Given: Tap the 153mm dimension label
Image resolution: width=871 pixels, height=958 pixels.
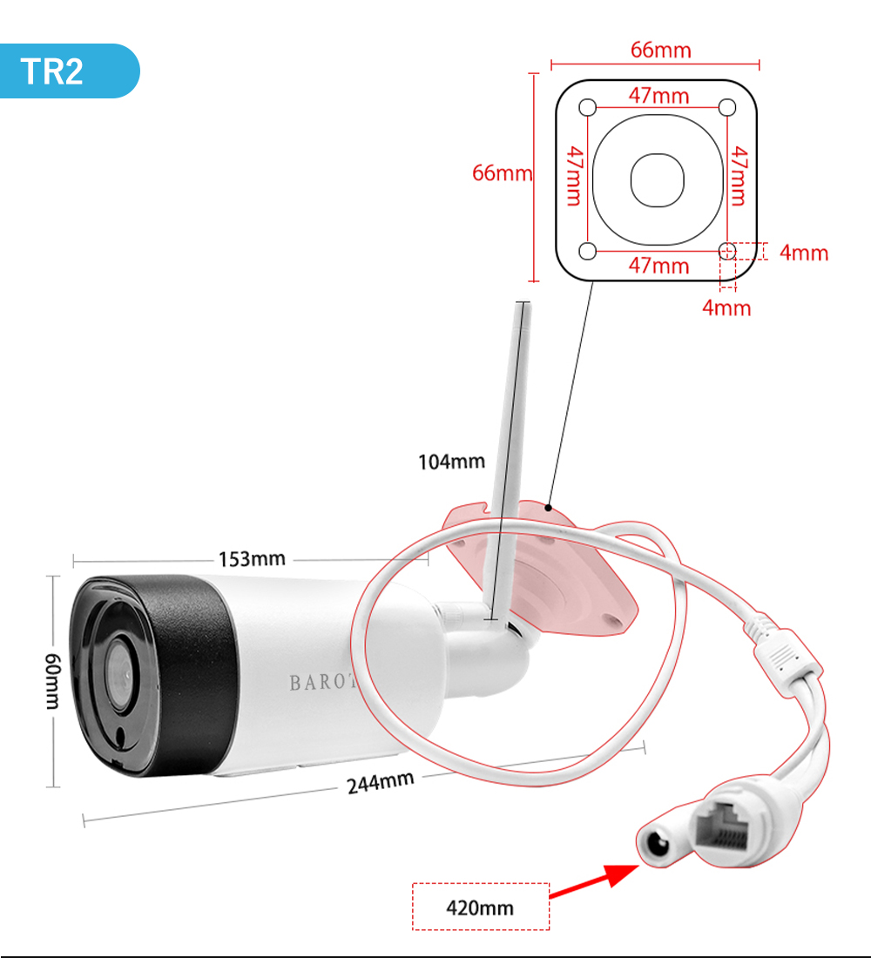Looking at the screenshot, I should [x=251, y=558].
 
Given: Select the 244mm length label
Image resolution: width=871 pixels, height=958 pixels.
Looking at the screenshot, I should [x=380, y=780].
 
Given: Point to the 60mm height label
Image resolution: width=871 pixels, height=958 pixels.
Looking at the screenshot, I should [x=53, y=680].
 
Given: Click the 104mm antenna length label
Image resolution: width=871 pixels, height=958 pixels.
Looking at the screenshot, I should [x=451, y=462].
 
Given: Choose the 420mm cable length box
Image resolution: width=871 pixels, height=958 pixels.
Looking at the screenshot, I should [x=480, y=907].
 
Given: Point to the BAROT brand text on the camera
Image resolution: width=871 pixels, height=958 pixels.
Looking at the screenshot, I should [x=323, y=682].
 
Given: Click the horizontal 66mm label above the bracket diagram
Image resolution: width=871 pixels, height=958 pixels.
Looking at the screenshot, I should [x=660, y=50].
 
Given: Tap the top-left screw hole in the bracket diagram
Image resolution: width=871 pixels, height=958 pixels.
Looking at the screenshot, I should [x=588, y=107].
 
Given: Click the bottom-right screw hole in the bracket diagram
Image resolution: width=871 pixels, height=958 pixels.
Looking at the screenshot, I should [x=727, y=252].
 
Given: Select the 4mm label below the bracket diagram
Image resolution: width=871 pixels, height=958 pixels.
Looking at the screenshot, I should [x=726, y=307].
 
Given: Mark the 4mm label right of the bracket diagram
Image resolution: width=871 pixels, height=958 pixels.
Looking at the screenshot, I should [x=803, y=253].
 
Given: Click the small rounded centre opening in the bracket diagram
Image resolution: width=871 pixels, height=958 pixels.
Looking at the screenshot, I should [x=658, y=179].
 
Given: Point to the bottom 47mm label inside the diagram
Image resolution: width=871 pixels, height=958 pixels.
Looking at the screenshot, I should [x=658, y=266].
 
